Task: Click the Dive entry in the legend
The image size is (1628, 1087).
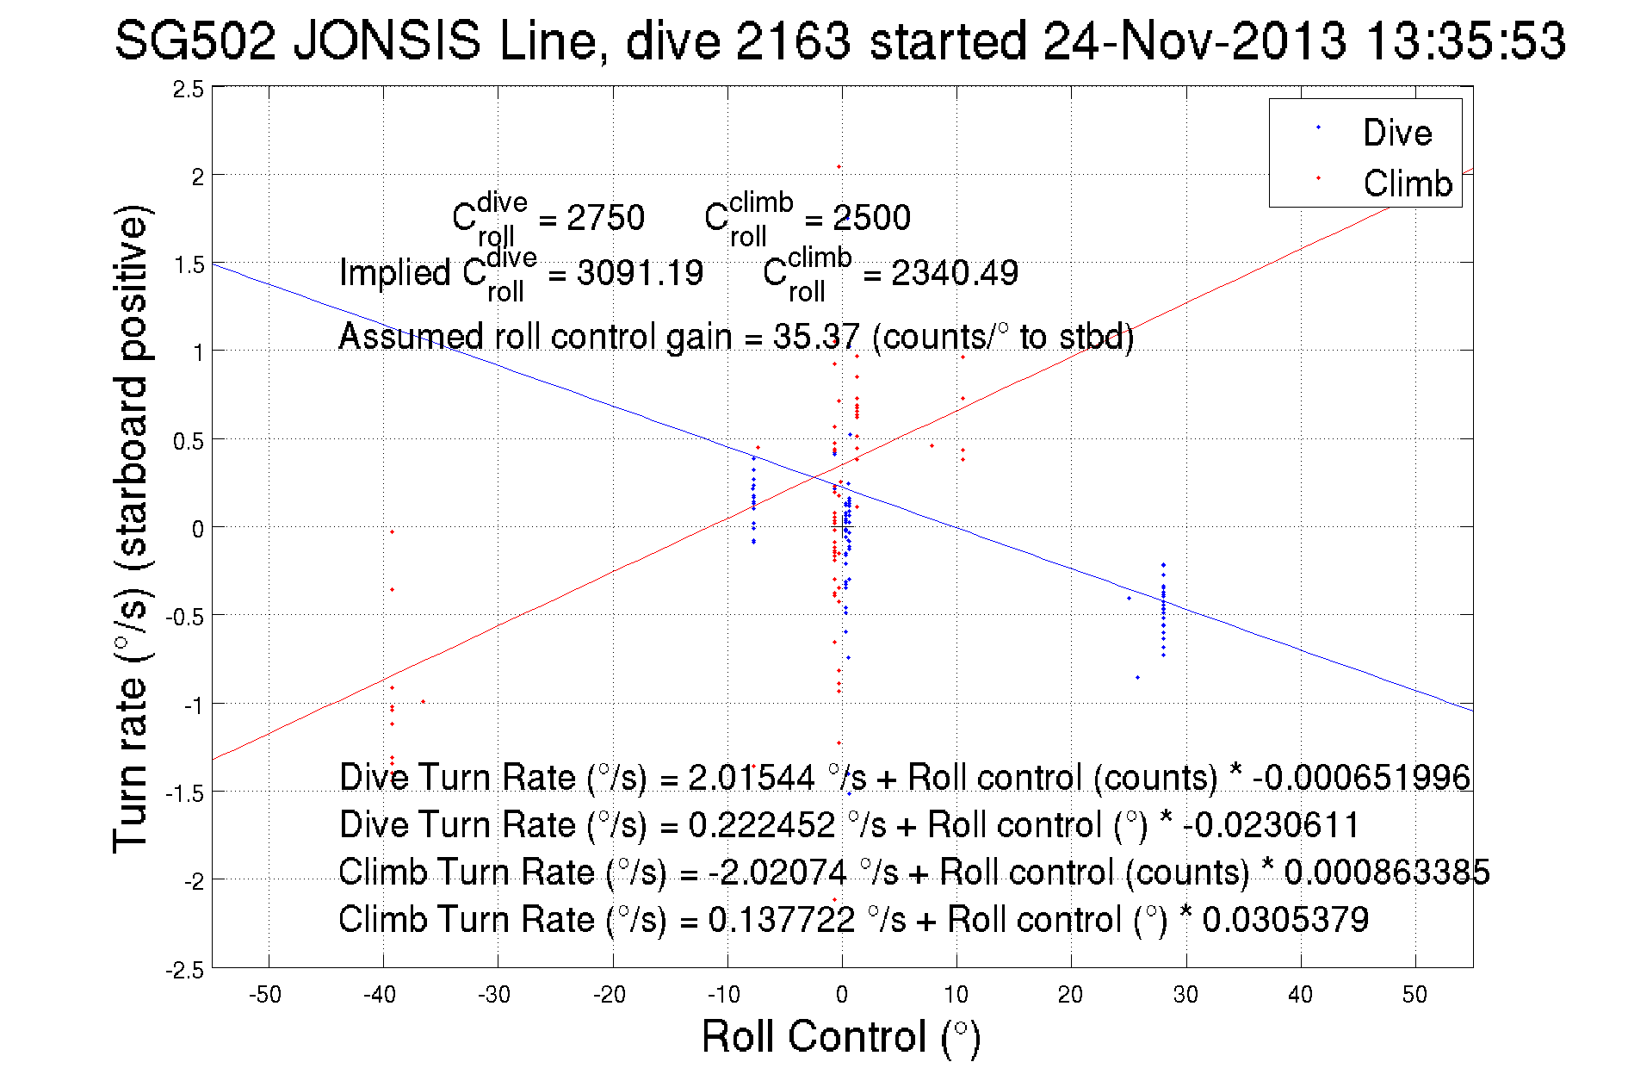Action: [x=1396, y=133]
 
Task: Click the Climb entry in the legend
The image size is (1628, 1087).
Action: [x=1407, y=183]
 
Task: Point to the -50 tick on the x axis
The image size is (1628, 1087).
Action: [x=265, y=995]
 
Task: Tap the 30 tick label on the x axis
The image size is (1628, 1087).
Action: [x=1185, y=995]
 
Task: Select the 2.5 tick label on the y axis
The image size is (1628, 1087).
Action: [x=188, y=90]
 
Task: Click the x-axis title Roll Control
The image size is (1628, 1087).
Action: [x=840, y=1036]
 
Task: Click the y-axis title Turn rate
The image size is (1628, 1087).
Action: [x=130, y=529]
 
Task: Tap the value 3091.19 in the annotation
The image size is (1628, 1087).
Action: [x=640, y=273]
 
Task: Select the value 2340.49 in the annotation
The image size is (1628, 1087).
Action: [x=954, y=273]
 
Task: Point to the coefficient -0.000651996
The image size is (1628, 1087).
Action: [x=1361, y=778]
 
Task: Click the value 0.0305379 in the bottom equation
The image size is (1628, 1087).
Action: [x=1284, y=920]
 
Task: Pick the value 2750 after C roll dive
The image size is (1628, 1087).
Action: [x=605, y=218]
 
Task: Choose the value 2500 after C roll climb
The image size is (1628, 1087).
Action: [x=871, y=218]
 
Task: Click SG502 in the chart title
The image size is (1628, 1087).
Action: [x=195, y=40]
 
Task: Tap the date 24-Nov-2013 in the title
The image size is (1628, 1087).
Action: [x=1194, y=40]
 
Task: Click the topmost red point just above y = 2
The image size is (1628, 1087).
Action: [x=839, y=166]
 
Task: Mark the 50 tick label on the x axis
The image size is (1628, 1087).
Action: [x=1414, y=995]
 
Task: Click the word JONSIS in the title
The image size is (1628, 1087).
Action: [x=387, y=40]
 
